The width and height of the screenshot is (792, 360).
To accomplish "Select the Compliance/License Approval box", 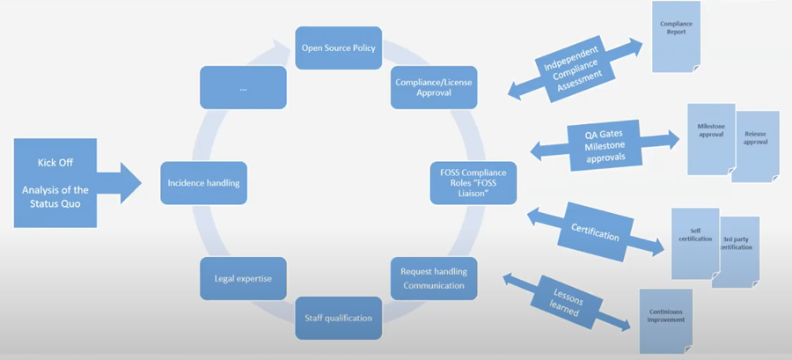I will tap(433, 86).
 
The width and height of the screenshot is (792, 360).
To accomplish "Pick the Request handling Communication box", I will tap(433, 277).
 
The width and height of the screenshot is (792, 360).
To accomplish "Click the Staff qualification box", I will tap(338, 317).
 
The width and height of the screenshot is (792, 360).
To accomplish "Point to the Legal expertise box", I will tap(243, 278).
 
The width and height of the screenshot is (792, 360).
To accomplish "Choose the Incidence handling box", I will tap(203, 183).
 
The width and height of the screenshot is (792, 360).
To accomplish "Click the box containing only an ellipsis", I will tap(243, 88).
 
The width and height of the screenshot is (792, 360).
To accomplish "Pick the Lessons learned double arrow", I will tap(568, 300).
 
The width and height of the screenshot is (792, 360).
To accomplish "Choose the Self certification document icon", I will tap(693, 241).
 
